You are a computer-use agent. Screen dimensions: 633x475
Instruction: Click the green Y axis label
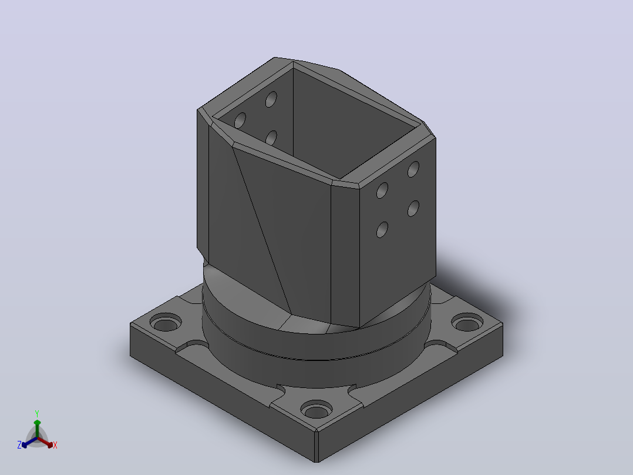(37, 413)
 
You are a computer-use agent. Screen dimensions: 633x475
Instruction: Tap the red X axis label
(55, 445)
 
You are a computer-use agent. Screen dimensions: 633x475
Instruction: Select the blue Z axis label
(19, 444)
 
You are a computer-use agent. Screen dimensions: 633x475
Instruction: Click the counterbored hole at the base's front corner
(316, 409)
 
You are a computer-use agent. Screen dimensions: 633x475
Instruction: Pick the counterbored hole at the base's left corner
(166, 322)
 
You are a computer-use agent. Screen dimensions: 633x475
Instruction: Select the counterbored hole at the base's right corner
(467, 322)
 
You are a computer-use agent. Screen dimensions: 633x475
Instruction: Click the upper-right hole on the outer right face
(413, 169)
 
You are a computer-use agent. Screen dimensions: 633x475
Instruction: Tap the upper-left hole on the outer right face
(382, 190)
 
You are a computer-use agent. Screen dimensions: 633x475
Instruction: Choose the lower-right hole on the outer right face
(413, 208)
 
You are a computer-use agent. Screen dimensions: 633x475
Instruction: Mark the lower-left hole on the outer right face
(382, 230)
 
